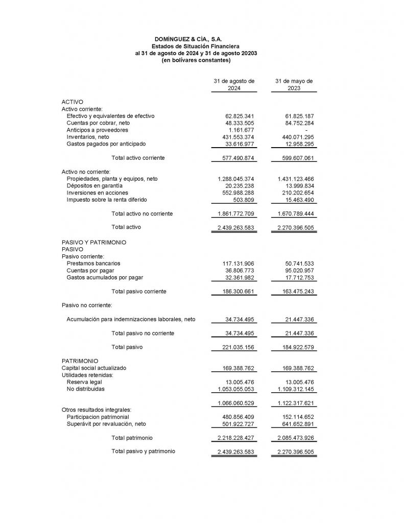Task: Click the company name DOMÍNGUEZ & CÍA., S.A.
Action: pyautogui.click(x=188, y=39)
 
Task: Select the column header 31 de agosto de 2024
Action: pyautogui.click(x=234, y=85)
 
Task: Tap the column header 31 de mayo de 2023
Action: pyautogui.click(x=294, y=85)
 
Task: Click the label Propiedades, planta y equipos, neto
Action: pyautogui.click(x=112, y=179)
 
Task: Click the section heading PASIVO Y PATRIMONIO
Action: pyautogui.click(x=94, y=242)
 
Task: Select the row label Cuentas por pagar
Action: pyautogui.click(x=90, y=270)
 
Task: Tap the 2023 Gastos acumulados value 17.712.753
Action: pyautogui.click(x=299, y=277)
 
